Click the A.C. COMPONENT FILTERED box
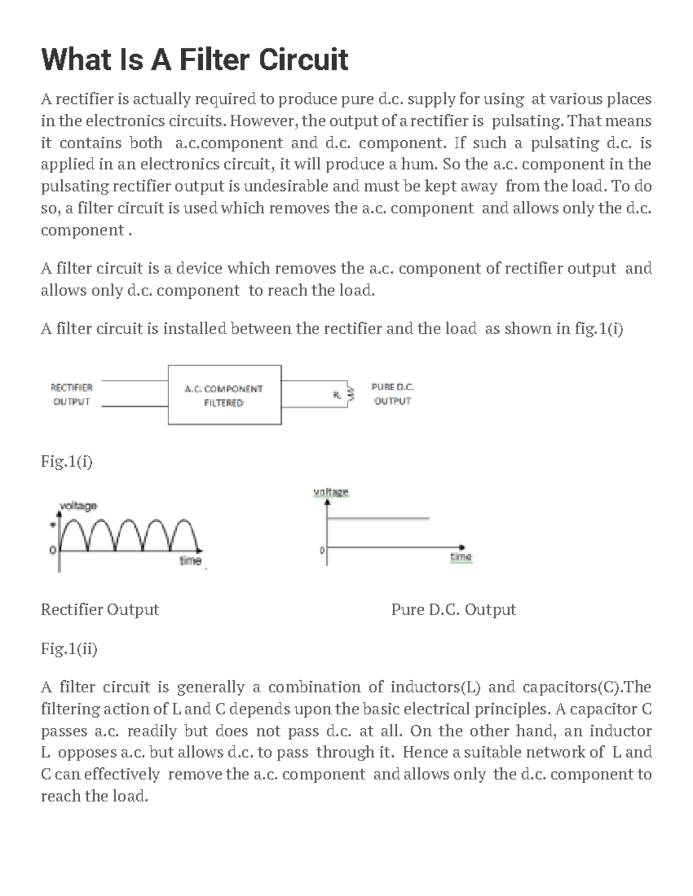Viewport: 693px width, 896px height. [224, 395]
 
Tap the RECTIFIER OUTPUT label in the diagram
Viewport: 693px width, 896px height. [72, 395]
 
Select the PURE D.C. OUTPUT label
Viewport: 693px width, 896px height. [392, 393]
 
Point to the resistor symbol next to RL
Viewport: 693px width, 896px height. [348, 395]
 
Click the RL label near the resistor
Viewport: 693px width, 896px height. [337, 395]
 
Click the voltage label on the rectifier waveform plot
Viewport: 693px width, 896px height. [79, 505]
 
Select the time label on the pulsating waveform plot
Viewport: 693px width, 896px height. [190, 560]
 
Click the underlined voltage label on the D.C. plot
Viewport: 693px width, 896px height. [331, 492]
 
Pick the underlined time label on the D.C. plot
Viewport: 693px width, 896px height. [461, 557]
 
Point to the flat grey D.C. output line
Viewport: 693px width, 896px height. [378, 519]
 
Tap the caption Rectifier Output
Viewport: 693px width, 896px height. [100, 610]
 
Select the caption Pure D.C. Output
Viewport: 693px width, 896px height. [453, 610]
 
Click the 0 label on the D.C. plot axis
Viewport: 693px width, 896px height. [322, 550]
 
